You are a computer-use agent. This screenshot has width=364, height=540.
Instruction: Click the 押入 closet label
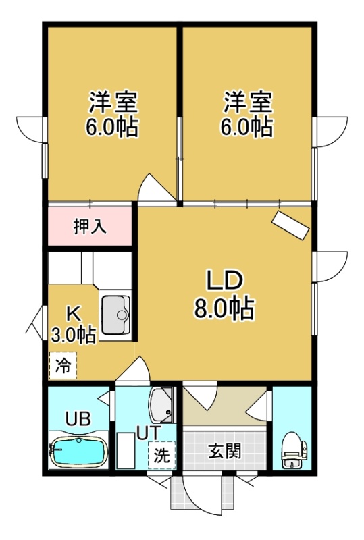(x=90, y=227)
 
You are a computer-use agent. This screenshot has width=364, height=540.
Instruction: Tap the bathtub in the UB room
(x=79, y=451)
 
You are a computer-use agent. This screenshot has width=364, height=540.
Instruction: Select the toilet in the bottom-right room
(x=293, y=450)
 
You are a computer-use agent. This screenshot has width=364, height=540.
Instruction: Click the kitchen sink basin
(x=115, y=315)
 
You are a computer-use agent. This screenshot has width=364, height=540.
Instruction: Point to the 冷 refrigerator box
(x=63, y=365)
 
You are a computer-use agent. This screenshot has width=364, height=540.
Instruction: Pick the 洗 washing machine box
(x=161, y=455)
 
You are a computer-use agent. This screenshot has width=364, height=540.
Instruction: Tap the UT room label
(x=149, y=433)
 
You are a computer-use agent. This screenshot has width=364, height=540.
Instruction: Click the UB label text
(x=78, y=418)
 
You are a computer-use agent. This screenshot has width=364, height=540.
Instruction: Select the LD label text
(x=225, y=280)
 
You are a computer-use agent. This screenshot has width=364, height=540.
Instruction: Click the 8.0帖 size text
(x=224, y=307)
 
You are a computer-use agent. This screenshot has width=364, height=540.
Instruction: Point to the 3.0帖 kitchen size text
(x=74, y=333)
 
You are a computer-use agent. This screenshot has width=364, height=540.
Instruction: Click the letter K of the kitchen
(x=74, y=313)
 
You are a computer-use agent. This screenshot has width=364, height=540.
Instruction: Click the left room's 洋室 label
(x=113, y=102)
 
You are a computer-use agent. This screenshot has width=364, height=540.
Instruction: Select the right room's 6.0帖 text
(x=246, y=128)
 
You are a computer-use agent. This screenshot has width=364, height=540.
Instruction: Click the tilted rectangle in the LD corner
(x=290, y=225)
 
